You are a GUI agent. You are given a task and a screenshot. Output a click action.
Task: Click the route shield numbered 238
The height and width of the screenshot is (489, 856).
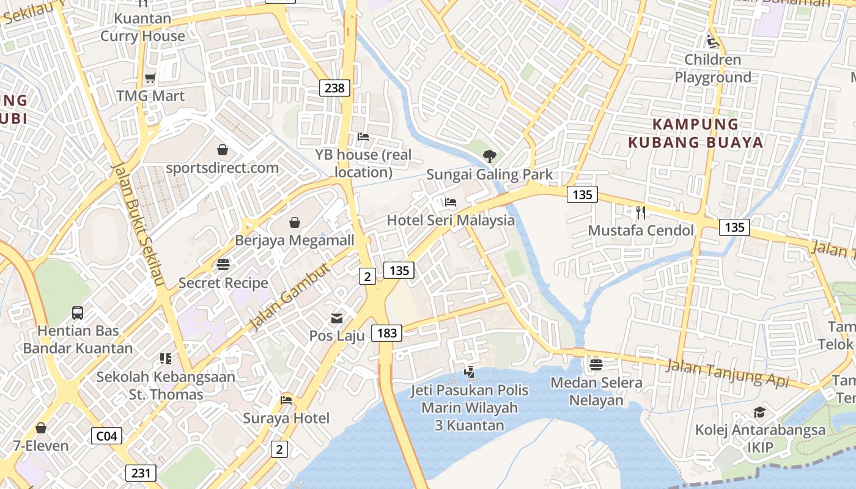334,88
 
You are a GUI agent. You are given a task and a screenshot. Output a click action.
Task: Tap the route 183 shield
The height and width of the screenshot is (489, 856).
387,333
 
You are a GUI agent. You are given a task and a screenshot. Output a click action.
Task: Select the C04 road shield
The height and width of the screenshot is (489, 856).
106,436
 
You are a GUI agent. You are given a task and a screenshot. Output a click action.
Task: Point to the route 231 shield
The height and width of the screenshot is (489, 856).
141,472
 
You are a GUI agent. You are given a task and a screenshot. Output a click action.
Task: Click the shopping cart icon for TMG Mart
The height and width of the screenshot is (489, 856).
150,78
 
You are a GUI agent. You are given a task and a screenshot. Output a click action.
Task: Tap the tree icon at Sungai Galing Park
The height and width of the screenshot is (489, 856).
489,156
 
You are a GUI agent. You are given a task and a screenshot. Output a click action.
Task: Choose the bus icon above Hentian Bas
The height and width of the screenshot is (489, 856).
78,313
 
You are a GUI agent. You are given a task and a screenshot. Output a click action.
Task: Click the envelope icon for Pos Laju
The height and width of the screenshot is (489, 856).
337,318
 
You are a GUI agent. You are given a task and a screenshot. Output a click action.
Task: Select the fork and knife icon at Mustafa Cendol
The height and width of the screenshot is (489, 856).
641,213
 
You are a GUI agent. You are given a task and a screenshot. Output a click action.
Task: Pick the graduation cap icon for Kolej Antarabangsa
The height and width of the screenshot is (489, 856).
759,413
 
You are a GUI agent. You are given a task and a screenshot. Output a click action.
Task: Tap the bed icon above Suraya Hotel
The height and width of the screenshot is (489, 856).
286,400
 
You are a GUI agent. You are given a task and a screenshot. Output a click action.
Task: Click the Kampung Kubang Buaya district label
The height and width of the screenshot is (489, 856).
696,133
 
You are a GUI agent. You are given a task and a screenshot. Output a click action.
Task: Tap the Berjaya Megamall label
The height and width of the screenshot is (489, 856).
294,240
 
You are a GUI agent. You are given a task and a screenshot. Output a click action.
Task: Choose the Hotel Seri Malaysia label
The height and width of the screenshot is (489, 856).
451,220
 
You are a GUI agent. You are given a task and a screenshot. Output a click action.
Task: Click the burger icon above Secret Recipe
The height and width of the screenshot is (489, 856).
223,265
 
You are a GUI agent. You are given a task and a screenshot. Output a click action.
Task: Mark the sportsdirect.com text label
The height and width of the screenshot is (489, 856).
223,167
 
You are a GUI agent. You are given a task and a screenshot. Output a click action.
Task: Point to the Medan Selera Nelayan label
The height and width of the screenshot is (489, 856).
596,392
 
